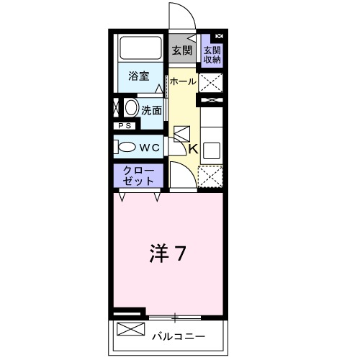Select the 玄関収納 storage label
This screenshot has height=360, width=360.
[212, 55]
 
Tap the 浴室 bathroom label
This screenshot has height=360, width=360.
[139, 76]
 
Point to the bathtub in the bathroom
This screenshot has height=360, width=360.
[141, 50]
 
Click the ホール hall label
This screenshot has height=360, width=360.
[182, 82]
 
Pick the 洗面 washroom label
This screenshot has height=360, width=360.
[151, 110]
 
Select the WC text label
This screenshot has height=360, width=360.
[149, 147]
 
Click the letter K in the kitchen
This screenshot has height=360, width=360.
[192, 149]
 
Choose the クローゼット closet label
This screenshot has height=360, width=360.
[137, 176]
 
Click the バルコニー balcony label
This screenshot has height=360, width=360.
[179, 336]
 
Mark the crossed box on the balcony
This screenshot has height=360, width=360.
[130, 331]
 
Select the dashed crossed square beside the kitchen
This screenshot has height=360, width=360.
[210, 177]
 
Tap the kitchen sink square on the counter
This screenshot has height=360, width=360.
[212, 150]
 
